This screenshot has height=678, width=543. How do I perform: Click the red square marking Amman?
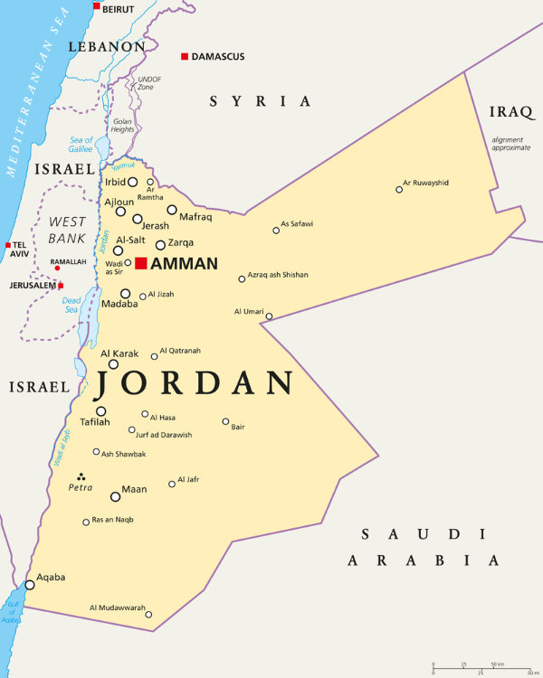click(x=141, y=263)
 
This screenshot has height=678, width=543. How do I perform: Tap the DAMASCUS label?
click(x=218, y=57)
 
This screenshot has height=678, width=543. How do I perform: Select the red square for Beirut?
click(x=97, y=6)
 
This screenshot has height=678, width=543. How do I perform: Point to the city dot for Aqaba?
click(x=30, y=585)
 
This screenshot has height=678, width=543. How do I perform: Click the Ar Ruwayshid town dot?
click(x=399, y=189)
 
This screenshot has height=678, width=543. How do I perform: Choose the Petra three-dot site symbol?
click(x=81, y=476)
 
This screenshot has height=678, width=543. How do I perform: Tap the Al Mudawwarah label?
click(x=118, y=608)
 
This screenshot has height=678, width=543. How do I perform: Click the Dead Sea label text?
click(x=72, y=305)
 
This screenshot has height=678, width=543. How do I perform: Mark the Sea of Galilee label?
click(x=81, y=144)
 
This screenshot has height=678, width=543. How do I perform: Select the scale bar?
click(x=481, y=669)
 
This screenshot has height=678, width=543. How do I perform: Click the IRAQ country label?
click(x=512, y=112)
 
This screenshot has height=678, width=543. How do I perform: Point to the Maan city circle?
click(x=115, y=496)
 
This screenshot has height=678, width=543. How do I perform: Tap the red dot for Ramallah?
click(x=57, y=268)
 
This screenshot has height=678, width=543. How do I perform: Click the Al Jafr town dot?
click(x=172, y=485)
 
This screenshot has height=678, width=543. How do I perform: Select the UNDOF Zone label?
click(x=148, y=83)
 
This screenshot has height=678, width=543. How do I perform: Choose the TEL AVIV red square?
click(x=7, y=245)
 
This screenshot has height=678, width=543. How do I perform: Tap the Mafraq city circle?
click(x=172, y=210)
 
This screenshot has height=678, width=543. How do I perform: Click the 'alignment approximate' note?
click(x=511, y=143)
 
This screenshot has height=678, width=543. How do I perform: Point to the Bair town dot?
click(x=226, y=421)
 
